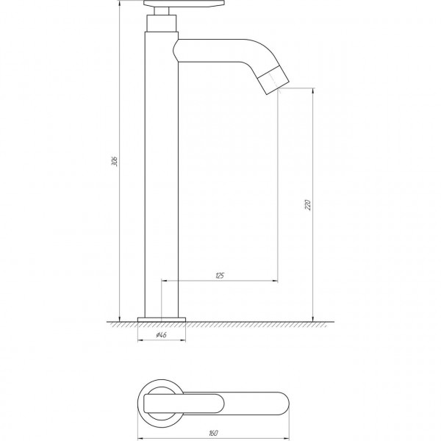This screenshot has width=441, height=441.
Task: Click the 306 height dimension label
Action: (115, 160)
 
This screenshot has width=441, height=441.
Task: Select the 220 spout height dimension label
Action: (308, 205)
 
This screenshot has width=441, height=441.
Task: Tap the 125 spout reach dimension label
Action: (220, 276)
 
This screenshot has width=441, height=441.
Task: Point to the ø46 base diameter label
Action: (161, 334)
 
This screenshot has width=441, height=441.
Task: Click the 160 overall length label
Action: (213, 433)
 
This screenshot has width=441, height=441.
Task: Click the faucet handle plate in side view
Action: (184, 4)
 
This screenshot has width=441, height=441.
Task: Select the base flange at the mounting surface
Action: (162, 320)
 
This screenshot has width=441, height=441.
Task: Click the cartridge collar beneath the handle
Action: (162, 24)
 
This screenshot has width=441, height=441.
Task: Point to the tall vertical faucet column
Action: (162, 175)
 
